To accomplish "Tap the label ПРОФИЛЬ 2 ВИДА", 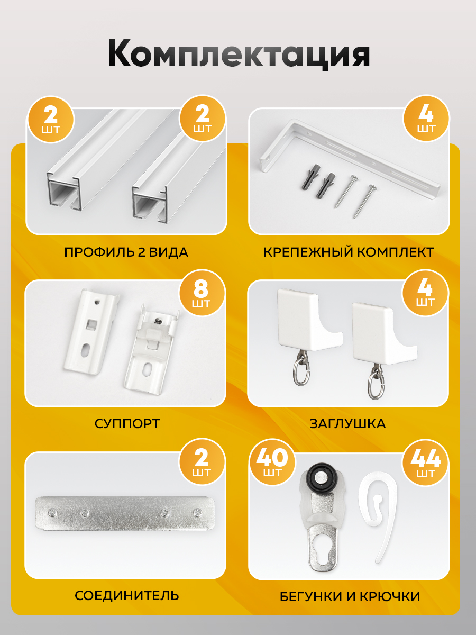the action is click(x=126, y=252).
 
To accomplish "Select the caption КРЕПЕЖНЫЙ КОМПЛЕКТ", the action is click(x=349, y=252).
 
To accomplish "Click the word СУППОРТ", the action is click(x=127, y=424).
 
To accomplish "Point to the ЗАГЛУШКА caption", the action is click(x=347, y=424).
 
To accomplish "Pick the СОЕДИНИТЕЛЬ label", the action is click(x=127, y=596).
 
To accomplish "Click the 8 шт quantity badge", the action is click(x=202, y=292).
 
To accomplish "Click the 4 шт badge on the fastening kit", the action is click(x=426, y=119).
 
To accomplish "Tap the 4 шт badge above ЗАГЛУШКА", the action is click(x=425, y=293).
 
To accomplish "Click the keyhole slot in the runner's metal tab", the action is click(x=323, y=548).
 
